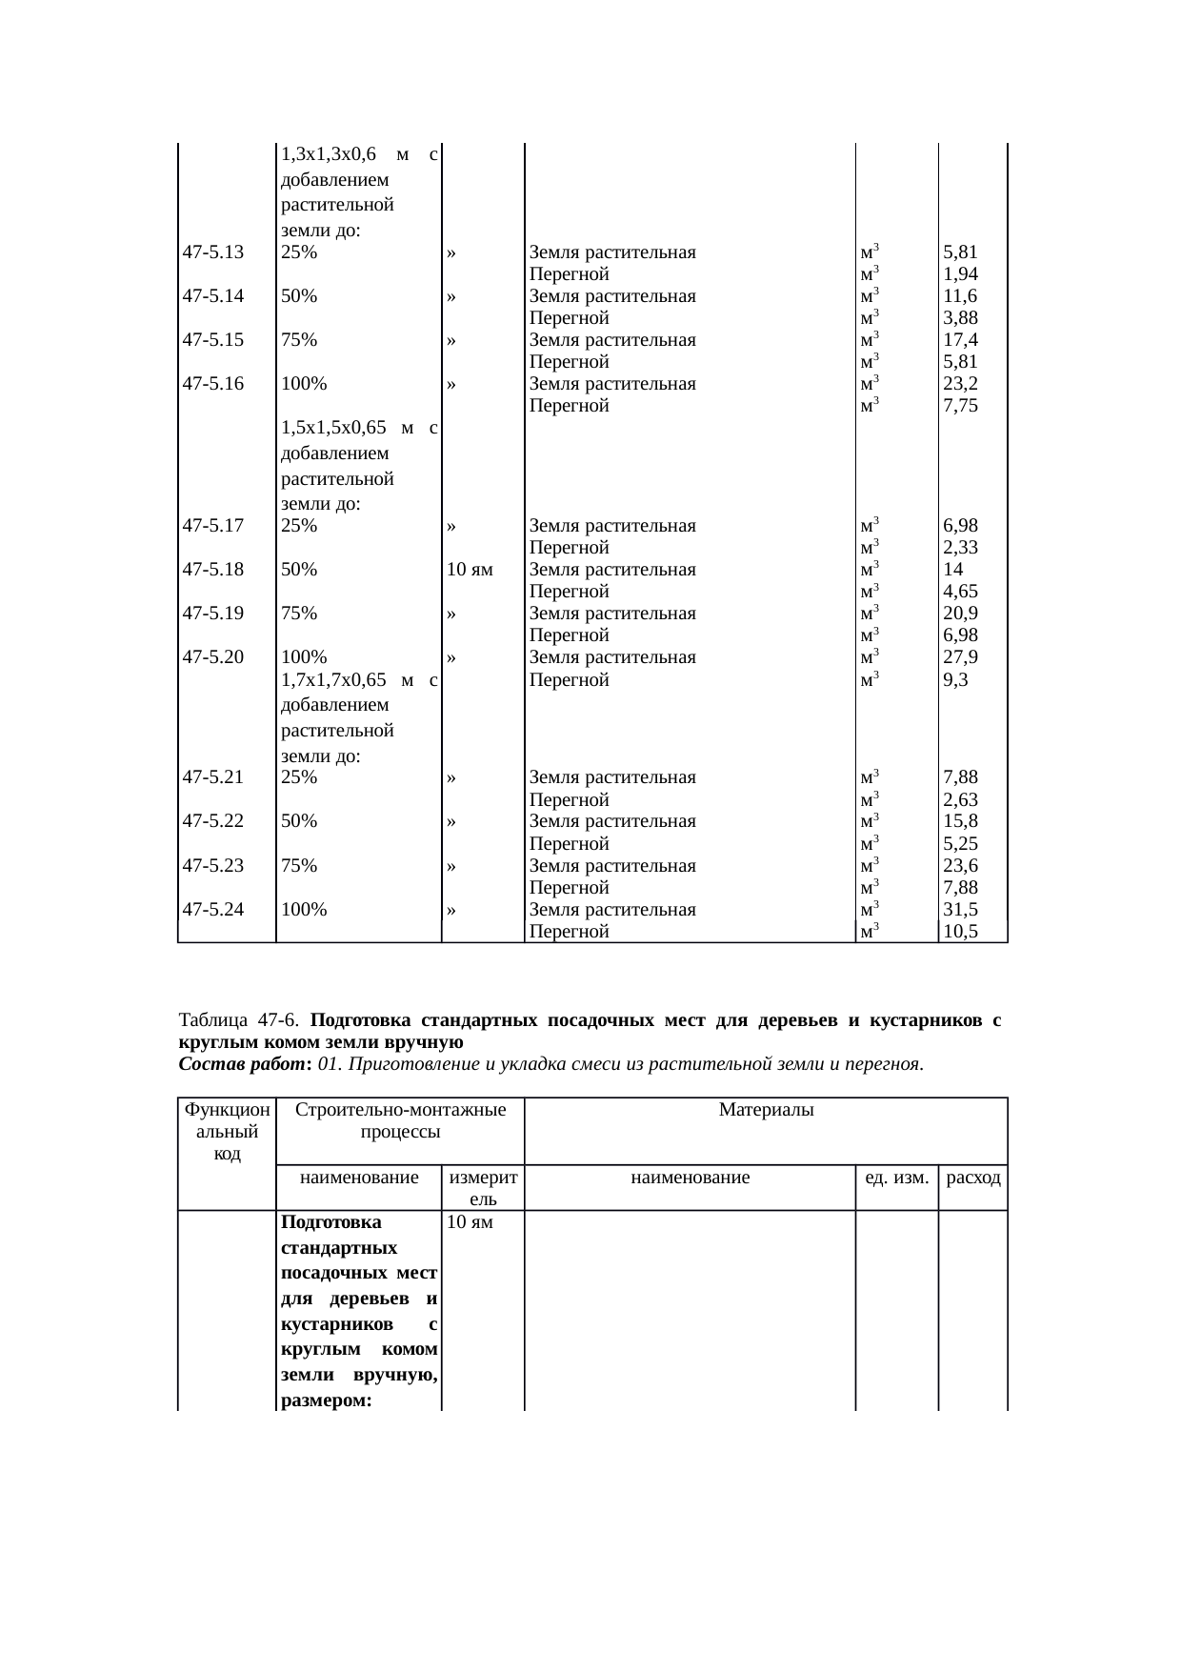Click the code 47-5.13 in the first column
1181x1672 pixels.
(x=213, y=253)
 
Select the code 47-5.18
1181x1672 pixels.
(x=213, y=570)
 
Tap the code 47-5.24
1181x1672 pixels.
(x=213, y=910)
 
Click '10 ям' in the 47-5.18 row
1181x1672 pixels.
(x=470, y=570)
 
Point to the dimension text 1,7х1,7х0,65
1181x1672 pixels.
(x=334, y=680)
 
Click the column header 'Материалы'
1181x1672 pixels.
(x=766, y=1110)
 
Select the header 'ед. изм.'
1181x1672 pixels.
(x=895, y=1178)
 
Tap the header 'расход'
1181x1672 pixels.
(x=973, y=1178)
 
